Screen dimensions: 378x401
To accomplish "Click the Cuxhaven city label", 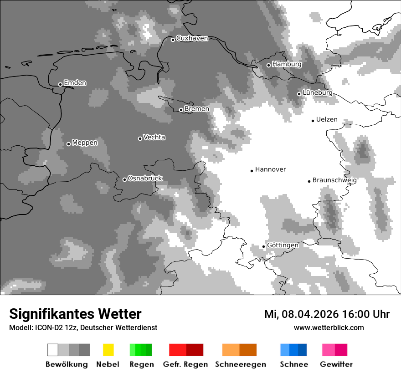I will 192,38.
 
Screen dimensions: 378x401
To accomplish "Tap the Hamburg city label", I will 287,64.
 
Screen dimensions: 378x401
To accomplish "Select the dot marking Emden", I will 60,84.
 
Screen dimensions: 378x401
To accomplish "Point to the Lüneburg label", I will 317,93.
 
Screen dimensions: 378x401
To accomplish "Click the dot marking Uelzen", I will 313,121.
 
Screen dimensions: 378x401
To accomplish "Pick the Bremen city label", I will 197,109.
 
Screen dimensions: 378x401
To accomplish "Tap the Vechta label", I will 154,137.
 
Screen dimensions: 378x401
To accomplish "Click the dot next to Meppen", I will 68,144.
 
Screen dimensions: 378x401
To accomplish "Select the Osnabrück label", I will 145,179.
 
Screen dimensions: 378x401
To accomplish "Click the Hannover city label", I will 270,169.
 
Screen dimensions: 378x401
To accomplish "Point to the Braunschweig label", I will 334,180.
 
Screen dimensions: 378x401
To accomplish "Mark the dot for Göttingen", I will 263,247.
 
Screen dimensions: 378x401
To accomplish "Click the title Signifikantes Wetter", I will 75,314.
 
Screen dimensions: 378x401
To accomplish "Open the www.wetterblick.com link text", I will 329,327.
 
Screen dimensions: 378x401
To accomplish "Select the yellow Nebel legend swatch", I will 108,350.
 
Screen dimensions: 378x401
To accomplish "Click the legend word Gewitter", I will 336,364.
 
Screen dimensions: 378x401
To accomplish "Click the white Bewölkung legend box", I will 53,350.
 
